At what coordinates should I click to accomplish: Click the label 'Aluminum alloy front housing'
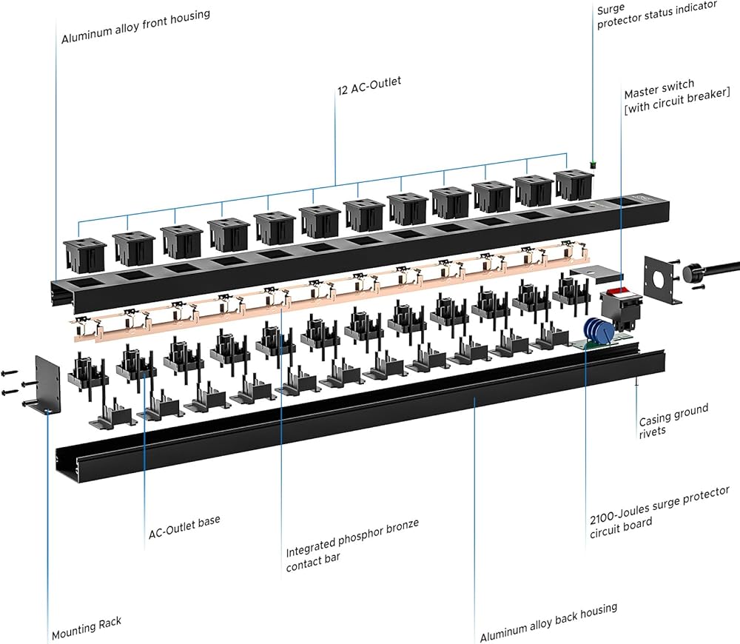click(x=135, y=27)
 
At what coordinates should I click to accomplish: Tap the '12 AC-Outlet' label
click(x=369, y=85)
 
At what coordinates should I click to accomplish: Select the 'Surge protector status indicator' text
click(x=656, y=13)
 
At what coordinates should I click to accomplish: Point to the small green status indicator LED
click(x=592, y=165)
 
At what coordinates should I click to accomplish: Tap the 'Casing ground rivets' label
click(x=673, y=421)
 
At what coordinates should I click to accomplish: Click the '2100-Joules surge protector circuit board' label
click(x=659, y=513)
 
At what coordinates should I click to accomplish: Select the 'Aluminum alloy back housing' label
click(x=548, y=623)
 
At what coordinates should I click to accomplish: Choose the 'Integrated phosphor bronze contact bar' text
click(x=352, y=546)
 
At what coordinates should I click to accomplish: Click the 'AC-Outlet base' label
click(x=184, y=527)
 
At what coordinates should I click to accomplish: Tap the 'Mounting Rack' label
click(x=87, y=628)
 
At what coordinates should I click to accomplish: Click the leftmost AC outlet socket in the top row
click(x=85, y=255)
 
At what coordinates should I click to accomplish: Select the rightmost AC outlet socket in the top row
click(x=574, y=186)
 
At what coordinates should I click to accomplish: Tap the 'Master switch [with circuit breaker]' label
click(x=677, y=96)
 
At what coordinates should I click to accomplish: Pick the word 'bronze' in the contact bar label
click(x=402, y=527)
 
